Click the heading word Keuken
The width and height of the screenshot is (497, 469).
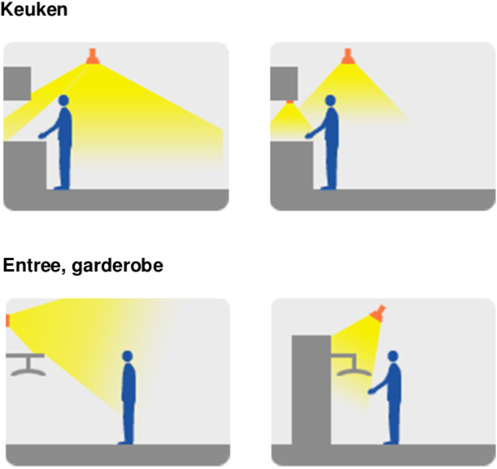coord(34,9)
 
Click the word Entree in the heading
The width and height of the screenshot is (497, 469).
coord(33,265)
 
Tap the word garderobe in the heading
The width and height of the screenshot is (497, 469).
coord(117,266)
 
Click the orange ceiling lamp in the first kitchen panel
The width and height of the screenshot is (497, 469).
coord(92,56)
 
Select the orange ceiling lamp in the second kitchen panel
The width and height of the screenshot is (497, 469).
coord(347,56)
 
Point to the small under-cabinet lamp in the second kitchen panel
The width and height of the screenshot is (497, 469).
coord(290,102)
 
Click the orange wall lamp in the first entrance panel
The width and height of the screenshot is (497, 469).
coord(8,320)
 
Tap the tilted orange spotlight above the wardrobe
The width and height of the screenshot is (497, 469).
coord(377,313)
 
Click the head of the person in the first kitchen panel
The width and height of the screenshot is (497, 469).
coord(63,100)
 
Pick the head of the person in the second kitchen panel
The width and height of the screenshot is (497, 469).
coord(330,100)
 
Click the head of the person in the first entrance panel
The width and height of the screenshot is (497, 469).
coord(128,356)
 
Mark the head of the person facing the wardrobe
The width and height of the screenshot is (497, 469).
coord(393,356)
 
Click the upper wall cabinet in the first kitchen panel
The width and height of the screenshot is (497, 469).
coord(17,84)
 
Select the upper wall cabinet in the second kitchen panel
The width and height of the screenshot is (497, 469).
coord(284,84)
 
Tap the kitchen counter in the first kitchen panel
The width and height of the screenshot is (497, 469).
coord(24,165)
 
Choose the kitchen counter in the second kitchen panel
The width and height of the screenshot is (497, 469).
coord(291,165)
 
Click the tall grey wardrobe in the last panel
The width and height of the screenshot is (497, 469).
coord(312,390)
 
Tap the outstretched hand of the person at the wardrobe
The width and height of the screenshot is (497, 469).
coord(370,392)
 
